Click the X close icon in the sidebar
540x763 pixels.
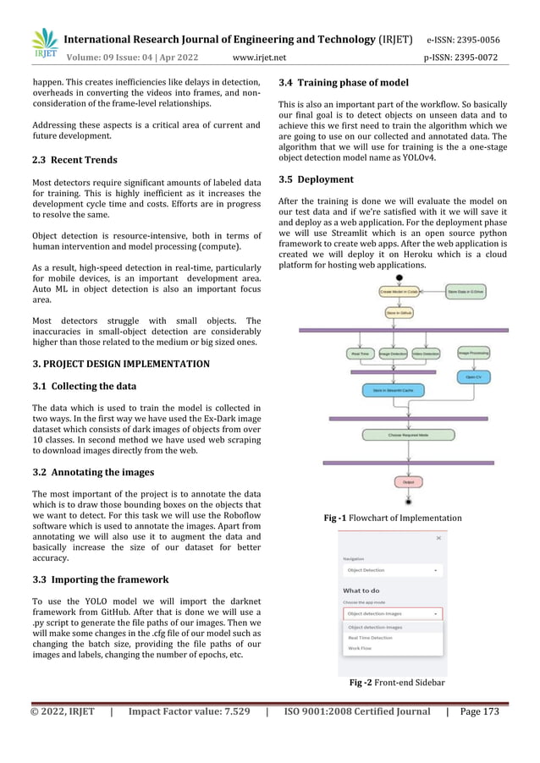click(438, 537)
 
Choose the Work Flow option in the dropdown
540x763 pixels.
click(360, 649)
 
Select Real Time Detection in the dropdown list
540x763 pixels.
click(371, 638)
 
